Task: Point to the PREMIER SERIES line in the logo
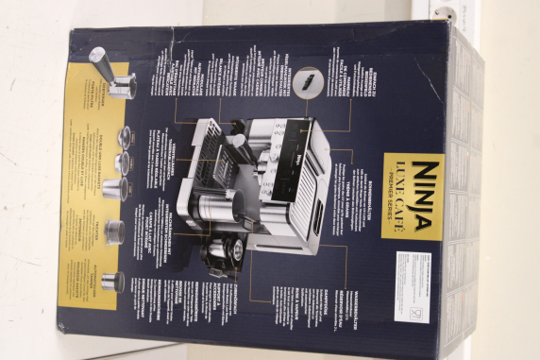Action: (x=392, y=194)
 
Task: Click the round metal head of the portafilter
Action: (x=121, y=88)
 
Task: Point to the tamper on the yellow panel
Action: (x=112, y=281)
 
